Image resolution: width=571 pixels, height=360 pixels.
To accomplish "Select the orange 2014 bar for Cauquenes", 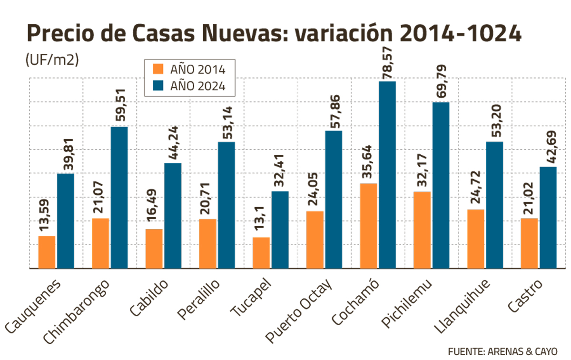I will point(47,252).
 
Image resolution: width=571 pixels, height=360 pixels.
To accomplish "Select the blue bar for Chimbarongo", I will point(119,197).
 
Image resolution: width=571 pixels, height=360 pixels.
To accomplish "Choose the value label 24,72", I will point(476,189).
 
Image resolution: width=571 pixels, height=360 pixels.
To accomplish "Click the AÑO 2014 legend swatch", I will point(158,69).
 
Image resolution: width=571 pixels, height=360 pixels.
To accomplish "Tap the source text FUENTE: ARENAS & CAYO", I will point(502,351).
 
